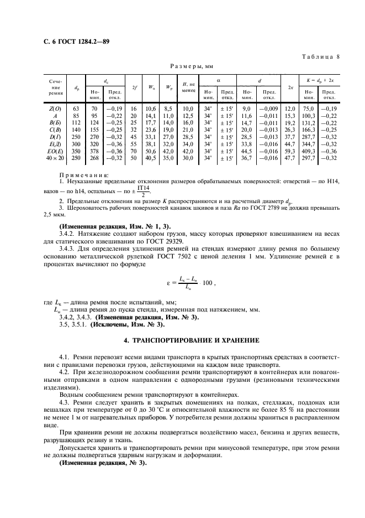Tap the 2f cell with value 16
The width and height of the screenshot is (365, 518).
point(134,109)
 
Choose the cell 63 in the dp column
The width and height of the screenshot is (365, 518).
point(77,109)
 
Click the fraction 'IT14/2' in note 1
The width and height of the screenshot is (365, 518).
point(143,191)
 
